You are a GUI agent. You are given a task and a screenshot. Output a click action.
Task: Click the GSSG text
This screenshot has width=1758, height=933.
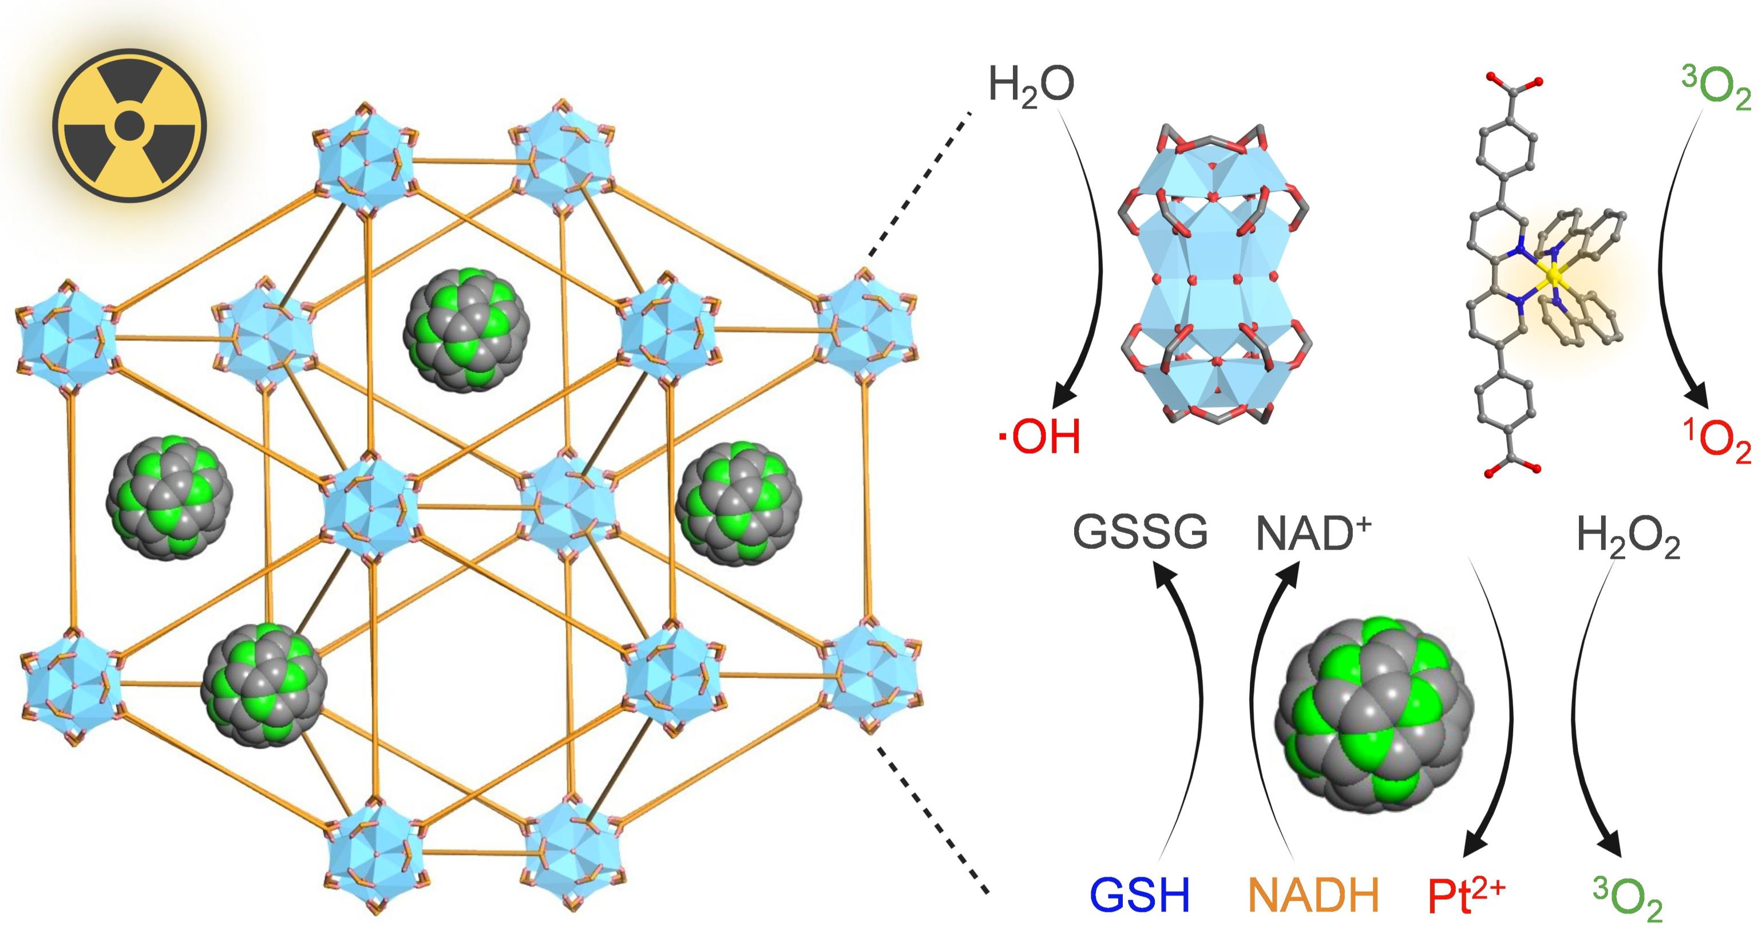pyautogui.click(x=1141, y=533)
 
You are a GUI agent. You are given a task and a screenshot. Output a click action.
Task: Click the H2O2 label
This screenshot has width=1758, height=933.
pyautogui.click(x=1628, y=536)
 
